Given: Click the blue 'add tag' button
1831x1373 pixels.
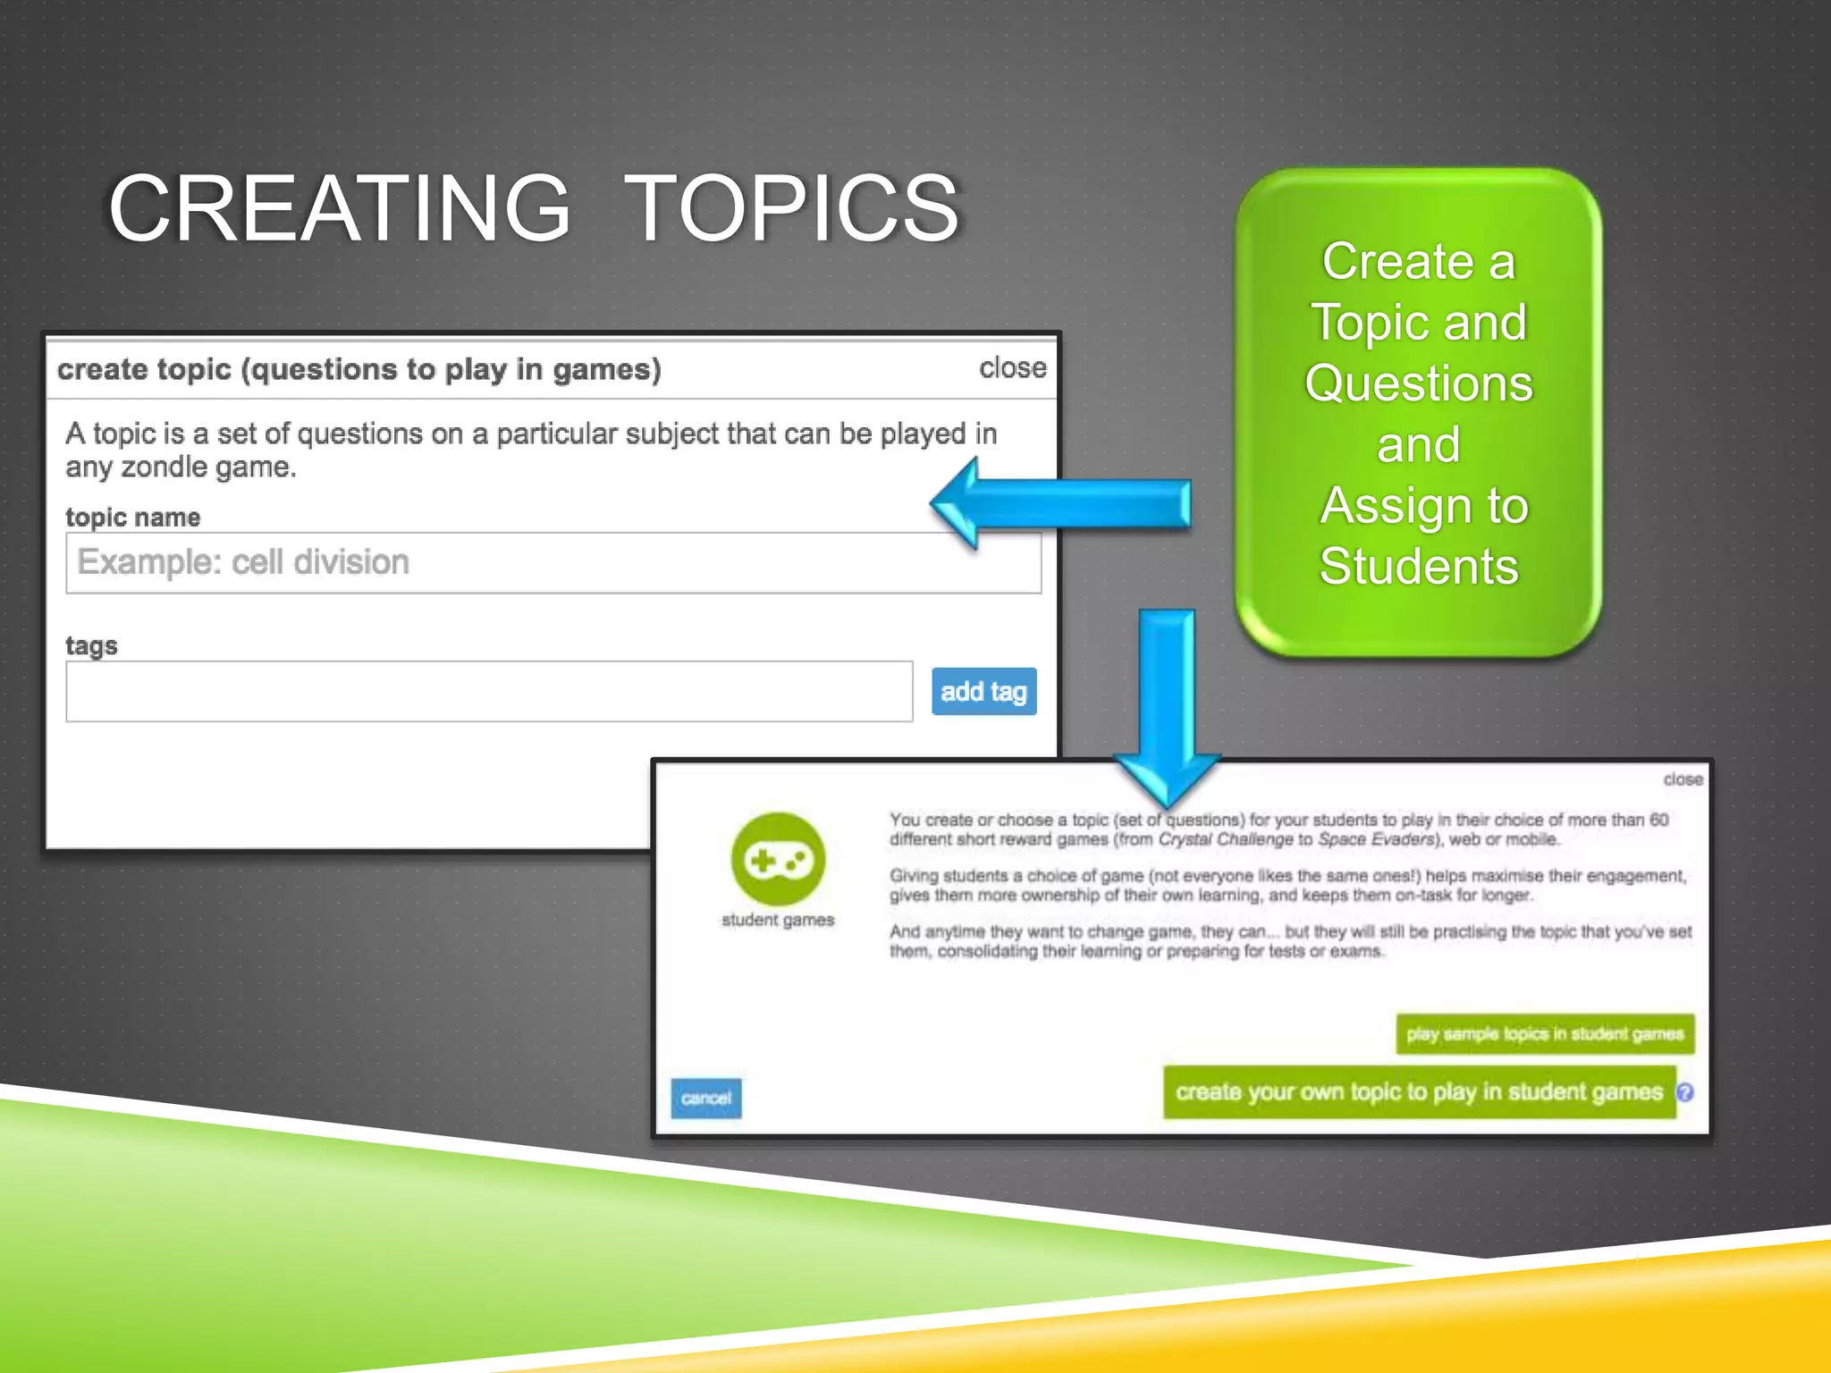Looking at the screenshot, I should pos(983,691).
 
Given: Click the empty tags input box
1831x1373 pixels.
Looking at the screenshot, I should pos(489,691).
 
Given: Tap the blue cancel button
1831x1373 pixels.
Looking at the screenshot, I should pos(705,1098).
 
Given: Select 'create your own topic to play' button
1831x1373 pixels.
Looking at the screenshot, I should pos(1419,1091).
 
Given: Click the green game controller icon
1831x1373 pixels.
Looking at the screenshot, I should pos(778,860).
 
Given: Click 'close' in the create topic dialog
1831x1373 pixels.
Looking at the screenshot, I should pos(1012,367).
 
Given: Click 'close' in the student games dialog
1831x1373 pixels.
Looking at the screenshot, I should pos(1683,779).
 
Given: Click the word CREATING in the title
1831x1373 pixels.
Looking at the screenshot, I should pos(339,208).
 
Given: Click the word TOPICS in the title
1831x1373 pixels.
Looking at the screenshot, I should pos(791,208).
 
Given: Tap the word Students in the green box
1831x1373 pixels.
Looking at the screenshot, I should pos(1419,566).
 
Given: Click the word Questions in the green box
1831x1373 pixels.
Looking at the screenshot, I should pos(1419,383).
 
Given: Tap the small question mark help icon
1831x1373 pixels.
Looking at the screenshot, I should pos(1685,1092).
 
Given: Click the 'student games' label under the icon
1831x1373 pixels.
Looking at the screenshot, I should pos(778,920).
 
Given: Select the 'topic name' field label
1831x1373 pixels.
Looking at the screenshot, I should pos(132,517).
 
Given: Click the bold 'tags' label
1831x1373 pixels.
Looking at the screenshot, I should pos(91,644).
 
